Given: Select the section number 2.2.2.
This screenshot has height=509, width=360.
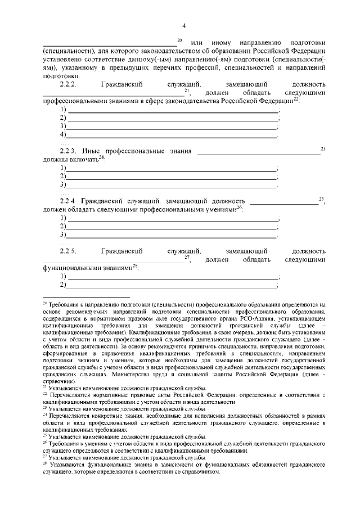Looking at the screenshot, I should click(x=68, y=84).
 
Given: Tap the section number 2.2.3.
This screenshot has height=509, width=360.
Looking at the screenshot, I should click(x=67, y=151).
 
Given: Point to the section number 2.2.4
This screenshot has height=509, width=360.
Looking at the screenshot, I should click(x=67, y=200).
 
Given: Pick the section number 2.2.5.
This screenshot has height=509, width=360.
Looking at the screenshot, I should click(x=68, y=250).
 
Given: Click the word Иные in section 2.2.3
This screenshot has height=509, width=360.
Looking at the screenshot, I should click(x=92, y=151).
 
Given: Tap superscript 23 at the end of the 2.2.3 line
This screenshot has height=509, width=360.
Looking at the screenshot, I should click(x=323, y=148).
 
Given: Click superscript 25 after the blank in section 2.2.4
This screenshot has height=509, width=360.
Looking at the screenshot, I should click(x=321, y=198).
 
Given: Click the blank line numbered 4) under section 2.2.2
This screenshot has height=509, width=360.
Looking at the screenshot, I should click(x=172, y=136).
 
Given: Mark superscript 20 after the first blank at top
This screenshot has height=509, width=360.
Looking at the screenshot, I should click(x=179, y=40).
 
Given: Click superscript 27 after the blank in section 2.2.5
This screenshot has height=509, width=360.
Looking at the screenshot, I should click(x=187, y=258).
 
